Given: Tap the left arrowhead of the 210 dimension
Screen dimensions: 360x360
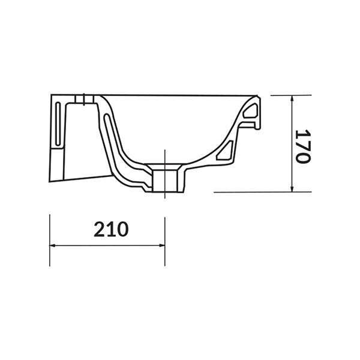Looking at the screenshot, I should coord(52,245).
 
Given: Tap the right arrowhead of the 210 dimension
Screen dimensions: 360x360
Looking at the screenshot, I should coord(161,245).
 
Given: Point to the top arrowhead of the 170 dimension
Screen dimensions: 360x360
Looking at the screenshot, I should coord(292,99).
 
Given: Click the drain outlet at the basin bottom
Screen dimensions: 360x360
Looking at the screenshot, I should coord(165,179).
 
